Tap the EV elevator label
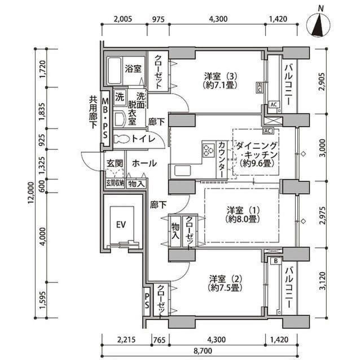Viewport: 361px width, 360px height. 120,224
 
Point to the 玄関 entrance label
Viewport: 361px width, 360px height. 111,163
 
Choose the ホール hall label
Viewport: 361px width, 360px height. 144,163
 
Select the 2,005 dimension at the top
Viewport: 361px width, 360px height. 123,19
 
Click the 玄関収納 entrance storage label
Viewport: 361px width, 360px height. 114,183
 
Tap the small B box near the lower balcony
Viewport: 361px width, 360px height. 275,260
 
